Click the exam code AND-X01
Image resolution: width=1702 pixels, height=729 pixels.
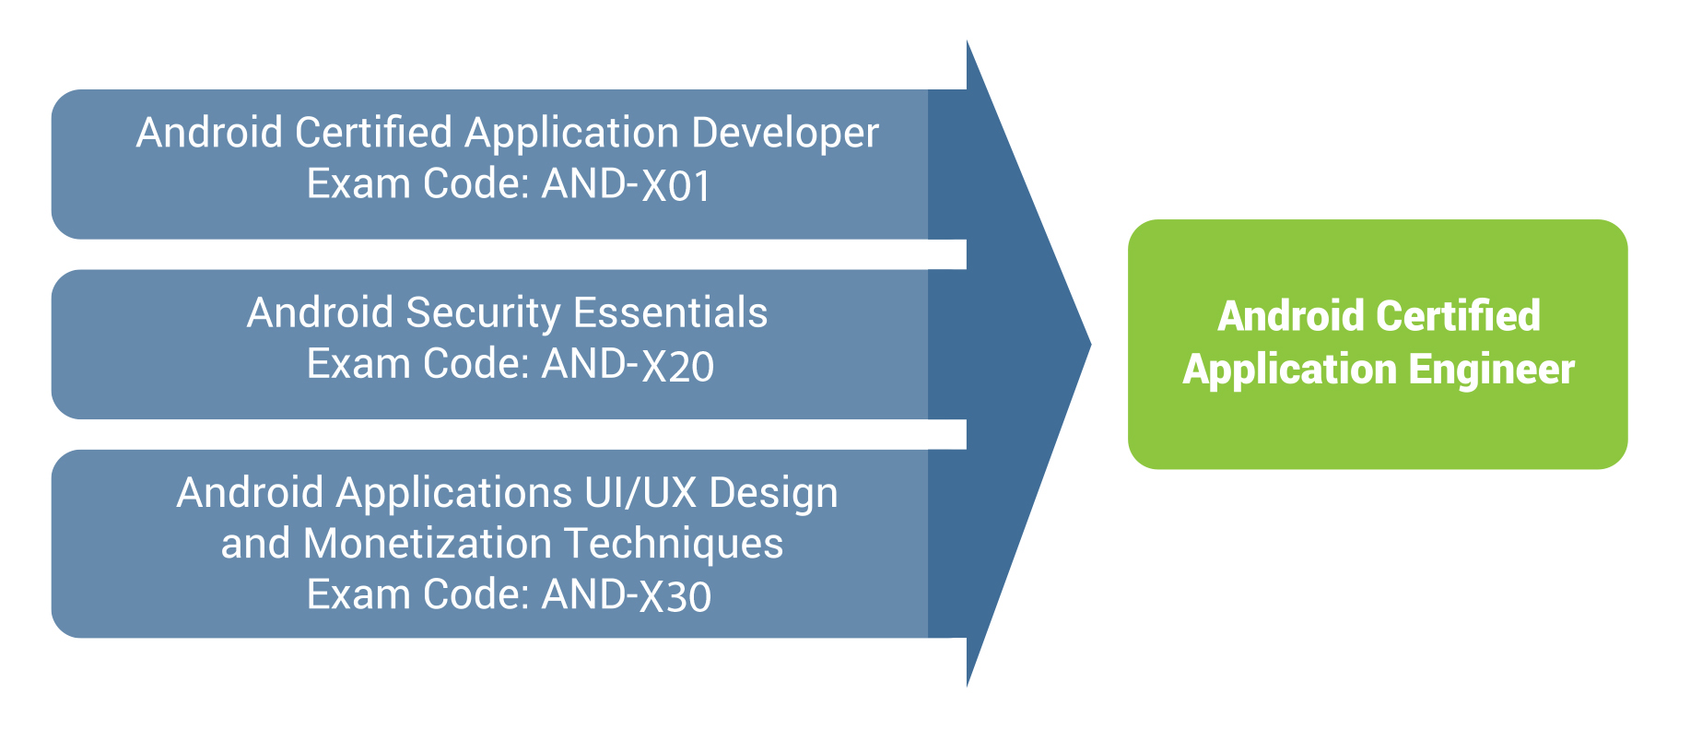tap(627, 184)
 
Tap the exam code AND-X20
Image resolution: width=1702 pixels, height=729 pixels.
tap(628, 364)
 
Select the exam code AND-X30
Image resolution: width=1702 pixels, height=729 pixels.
tap(627, 594)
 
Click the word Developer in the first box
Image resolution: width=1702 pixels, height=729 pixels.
tap(785, 134)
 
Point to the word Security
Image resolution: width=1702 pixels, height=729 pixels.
tap(483, 313)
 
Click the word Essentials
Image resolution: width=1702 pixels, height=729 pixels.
tap(671, 312)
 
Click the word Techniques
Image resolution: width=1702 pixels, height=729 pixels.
tap(674, 544)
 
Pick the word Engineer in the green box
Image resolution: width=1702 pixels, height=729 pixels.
tap(1491, 370)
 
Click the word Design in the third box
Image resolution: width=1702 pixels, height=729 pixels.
tap(774, 494)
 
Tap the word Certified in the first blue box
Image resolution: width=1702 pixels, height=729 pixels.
tap(373, 133)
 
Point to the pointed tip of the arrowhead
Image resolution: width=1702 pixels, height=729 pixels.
tap(1091, 346)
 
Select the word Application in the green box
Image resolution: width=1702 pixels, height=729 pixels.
tap(1290, 370)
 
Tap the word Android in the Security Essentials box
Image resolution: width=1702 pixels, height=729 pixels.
tap(321, 312)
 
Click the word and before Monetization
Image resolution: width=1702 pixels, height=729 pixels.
tap(256, 544)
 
